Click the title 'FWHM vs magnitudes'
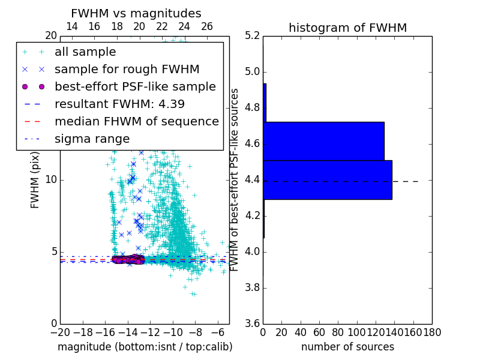(136, 13)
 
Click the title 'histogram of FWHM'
(347, 28)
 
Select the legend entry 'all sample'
(85, 52)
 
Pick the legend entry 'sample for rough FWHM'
(127, 70)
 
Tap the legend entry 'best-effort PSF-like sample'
(135, 87)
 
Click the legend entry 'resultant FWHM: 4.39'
(119, 104)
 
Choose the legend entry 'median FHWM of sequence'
(136, 122)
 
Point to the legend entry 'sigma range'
(92, 139)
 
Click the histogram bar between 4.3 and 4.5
(328, 179)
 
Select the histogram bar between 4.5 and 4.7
(324, 142)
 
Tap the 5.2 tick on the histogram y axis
(253, 36)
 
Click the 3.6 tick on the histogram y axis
(253, 323)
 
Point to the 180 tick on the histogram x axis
(431, 332)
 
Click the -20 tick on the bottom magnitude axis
(60, 332)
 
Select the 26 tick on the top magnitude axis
(207, 26)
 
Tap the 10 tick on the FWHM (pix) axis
(51, 180)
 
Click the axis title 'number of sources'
(347, 347)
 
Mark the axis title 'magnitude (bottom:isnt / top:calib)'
(145, 347)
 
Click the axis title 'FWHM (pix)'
(35, 180)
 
